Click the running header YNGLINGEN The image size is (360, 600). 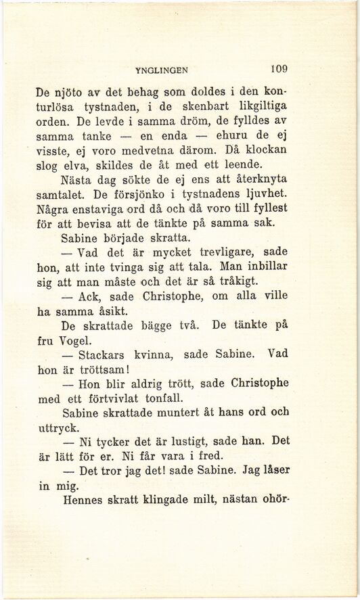161,68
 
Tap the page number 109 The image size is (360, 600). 278,68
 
